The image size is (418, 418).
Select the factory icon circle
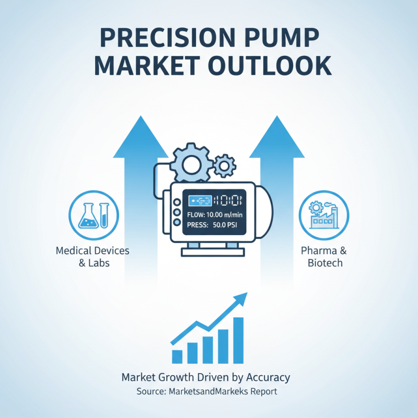pos(323,214)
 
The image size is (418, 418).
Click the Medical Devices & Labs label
pos(93,257)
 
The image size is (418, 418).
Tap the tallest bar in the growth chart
pos(238,340)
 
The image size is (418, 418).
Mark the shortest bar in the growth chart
pos(177,356)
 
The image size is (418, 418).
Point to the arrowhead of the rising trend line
pos(241,298)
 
